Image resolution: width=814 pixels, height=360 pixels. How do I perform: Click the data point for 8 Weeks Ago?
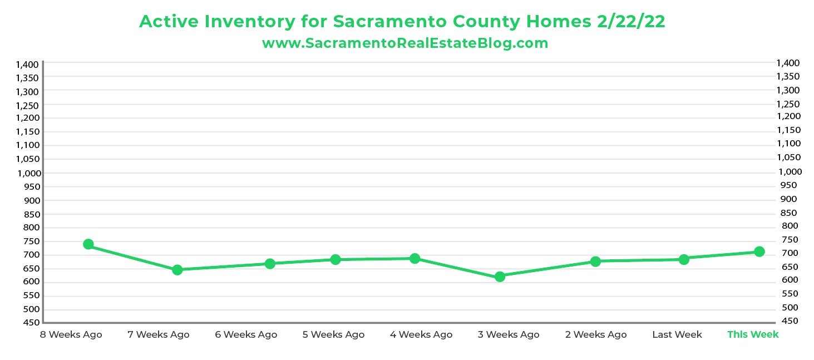pyautogui.click(x=88, y=244)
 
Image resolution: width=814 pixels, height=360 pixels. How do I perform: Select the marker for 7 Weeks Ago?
pyautogui.click(x=177, y=270)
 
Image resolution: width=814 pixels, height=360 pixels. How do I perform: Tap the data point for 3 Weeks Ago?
pyautogui.click(x=500, y=277)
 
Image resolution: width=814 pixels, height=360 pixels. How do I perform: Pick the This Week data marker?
pyautogui.click(x=759, y=251)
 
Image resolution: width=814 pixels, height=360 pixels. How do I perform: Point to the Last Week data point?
pyautogui.click(x=684, y=259)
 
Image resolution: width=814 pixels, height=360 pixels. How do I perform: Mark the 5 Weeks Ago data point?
pyautogui.click(x=336, y=259)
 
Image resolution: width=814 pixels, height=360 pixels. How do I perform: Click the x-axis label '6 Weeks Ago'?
pyautogui.click(x=246, y=334)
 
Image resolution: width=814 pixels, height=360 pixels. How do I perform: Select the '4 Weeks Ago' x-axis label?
pyautogui.click(x=421, y=334)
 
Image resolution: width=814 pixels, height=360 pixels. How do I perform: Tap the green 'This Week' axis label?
pyautogui.click(x=753, y=334)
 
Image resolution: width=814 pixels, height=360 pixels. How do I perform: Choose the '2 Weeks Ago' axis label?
pyautogui.click(x=595, y=334)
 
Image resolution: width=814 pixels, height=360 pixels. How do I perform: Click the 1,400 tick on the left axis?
pyautogui.click(x=27, y=65)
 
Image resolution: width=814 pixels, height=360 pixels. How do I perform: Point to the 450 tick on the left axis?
pyautogui.click(x=32, y=323)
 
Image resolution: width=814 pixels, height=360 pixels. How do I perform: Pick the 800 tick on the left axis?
pyautogui.click(x=32, y=227)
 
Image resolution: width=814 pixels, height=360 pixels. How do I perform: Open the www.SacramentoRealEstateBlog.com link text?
pyautogui.click(x=405, y=43)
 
